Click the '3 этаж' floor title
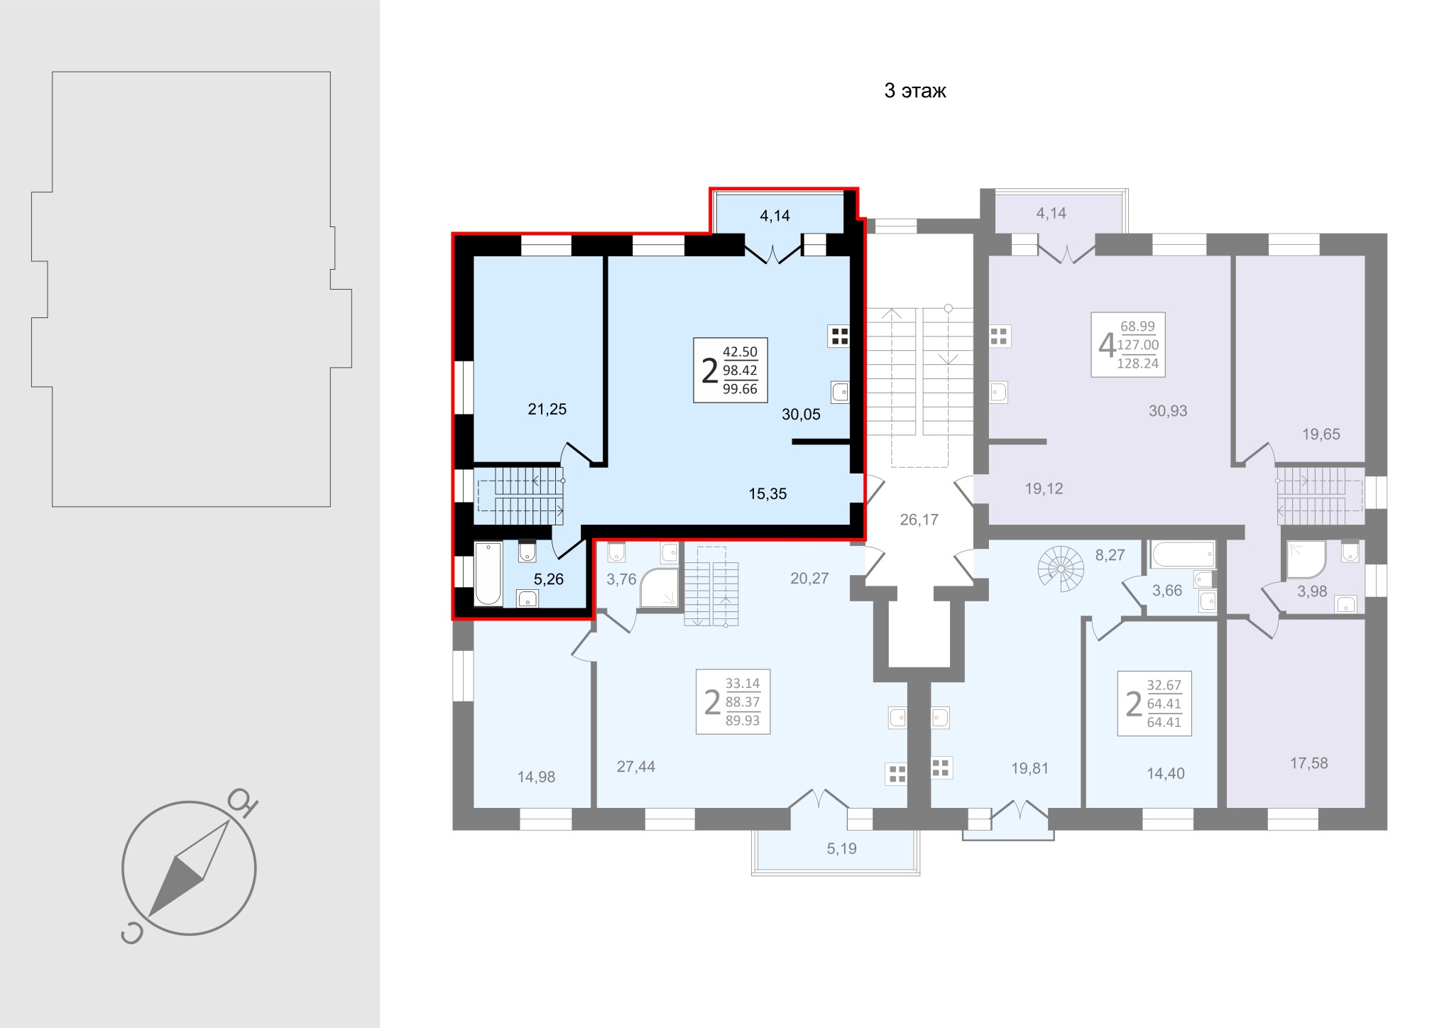[x=915, y=91]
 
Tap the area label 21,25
[x=547, y=409]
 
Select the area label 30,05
[x=801, y=415]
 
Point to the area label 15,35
[x=767, y=494]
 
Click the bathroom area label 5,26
[x=549, y=579]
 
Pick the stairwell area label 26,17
[x=919, y=520]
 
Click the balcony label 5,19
[x=842, y=848]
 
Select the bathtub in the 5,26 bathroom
[x=488, y=574]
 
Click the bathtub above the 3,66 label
[x=1184, y=554]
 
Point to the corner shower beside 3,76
[x=658, y=589]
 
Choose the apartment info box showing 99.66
[x=731, y=371]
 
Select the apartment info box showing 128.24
[x=1128, y=344]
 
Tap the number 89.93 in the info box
[x=742, y=721]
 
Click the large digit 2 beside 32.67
[x=1134, y=704]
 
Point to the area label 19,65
[x=1321, y=434]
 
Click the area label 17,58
[x=1308, y=763]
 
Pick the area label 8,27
[x=1110, y=555]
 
